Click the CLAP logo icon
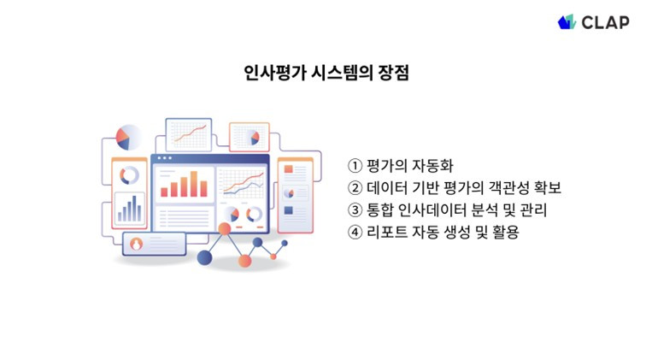click(567, 22)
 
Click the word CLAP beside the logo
click(605, 23)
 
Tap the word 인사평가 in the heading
click(275, 73)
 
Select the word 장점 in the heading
click(393, 73)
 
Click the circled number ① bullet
click(355, 166)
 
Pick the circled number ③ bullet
click(355, 210)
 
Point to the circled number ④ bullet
click(355, 233)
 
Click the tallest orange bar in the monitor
click(194, 184)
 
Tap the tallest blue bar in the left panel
click(134, 209)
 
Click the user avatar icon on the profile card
click(137, 244)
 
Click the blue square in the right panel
click(289, 210)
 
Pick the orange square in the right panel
click(289, 169)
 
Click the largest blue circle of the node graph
click(205, 257)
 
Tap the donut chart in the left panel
click(129, 175)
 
